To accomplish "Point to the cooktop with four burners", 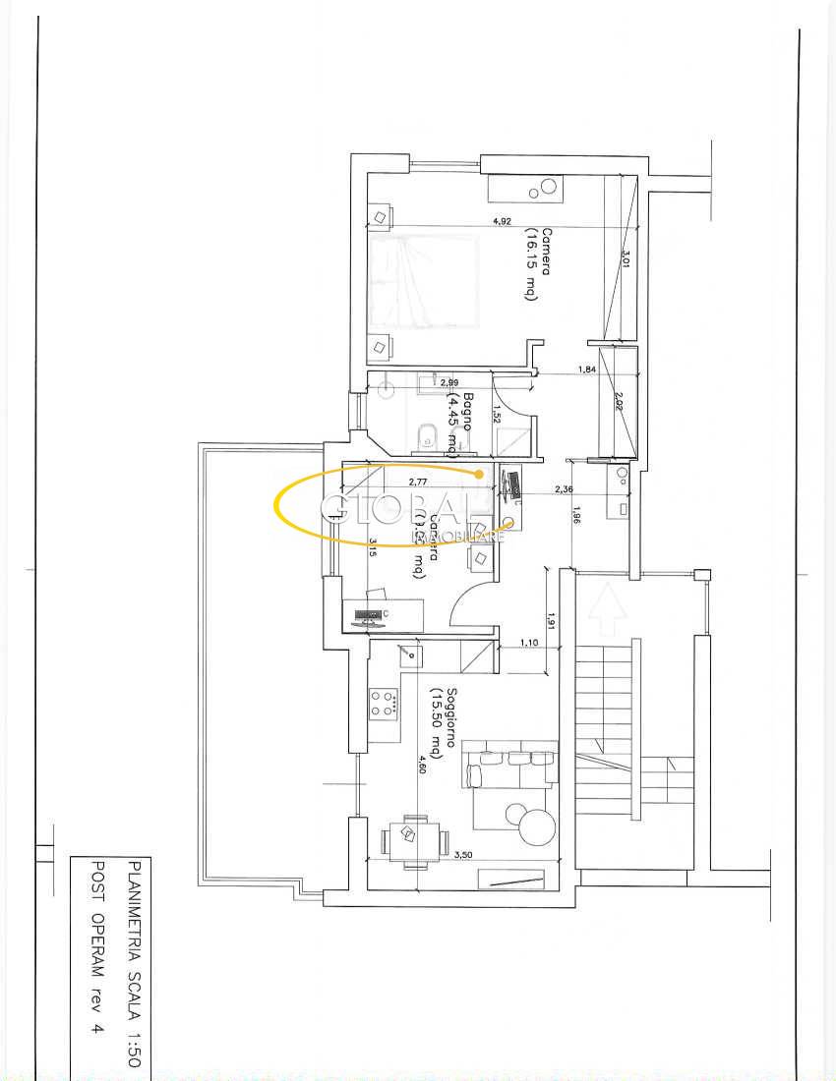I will [x=385, y=702].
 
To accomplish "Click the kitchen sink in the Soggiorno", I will [x=408, y=654].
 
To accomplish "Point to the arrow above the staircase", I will [x=608, y=608].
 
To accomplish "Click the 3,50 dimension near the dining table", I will [x=464, y=855].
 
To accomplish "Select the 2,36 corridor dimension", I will [x=563, y=488].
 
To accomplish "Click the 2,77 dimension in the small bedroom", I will [x=419, y=483].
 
